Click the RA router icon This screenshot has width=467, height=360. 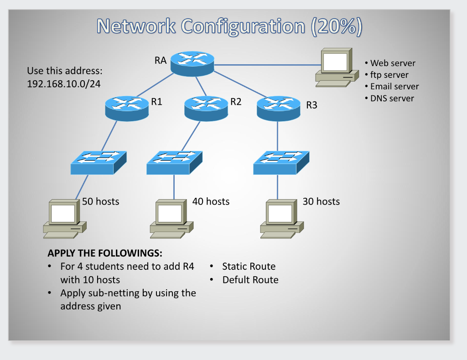click(192, 63)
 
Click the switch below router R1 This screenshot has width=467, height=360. click(98, 162)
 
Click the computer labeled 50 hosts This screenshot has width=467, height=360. click(64, 217)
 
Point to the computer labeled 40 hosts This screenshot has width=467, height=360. click(171, 218)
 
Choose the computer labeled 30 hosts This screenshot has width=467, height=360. click(281, 218)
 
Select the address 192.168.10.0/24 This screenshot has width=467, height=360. click(64, 84)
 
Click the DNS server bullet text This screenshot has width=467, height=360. click(392, 98)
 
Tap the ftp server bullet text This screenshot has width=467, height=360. click(389, 75)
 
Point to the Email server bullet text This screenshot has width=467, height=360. click(394, 87)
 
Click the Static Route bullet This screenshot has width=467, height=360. click(249, 267)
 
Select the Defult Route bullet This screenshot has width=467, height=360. click(250, 280)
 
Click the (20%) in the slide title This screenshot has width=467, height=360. click(337, 26)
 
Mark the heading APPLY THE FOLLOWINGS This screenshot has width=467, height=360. click(105, 253)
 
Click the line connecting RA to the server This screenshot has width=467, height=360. click(265, 64)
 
